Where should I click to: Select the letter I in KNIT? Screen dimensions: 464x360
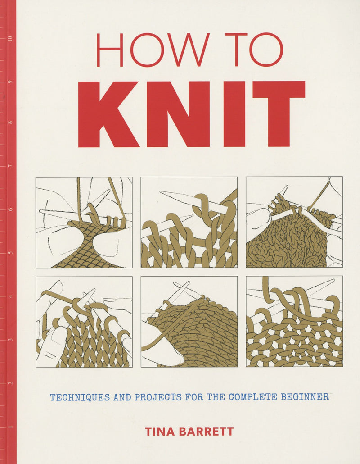tap(234, 114)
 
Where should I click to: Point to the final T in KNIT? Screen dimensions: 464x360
tap(279, 114)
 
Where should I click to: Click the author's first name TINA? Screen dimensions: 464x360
tap(160, 432)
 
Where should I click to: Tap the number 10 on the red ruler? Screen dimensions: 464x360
tap(10, 39)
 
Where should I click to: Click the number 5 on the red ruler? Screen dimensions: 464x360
tap(10, 252)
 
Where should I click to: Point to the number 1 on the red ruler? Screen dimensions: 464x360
tap(10, 427)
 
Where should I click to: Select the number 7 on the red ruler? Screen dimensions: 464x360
tap(10, 166)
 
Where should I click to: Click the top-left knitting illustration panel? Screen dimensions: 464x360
tap(84, 223)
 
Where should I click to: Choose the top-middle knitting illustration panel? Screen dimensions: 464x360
tap(189, 223)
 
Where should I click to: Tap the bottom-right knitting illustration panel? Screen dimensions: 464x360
tap(294, 322)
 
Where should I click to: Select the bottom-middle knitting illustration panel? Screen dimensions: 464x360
tap(189, 322)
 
